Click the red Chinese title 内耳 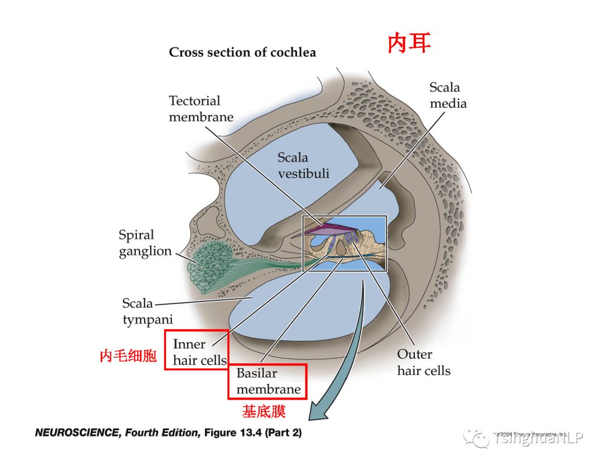[x=409, y=44]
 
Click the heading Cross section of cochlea [x=242, y=52]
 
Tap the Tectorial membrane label [x=201, y=109]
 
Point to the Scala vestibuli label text [x=303, y=166]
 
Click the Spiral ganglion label [x=145, y=243]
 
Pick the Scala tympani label [x=146, y=311]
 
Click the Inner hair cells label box [x=197, y=350]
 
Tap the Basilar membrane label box [x=267, y=381]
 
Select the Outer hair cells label [x=423, y=362]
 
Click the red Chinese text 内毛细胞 [x=128, y=356]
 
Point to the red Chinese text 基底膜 [x=264, y=412]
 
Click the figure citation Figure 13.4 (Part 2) [x=253, y=433]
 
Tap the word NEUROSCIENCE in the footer [x=78, y=433]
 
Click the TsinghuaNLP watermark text [x=538, y=439]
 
